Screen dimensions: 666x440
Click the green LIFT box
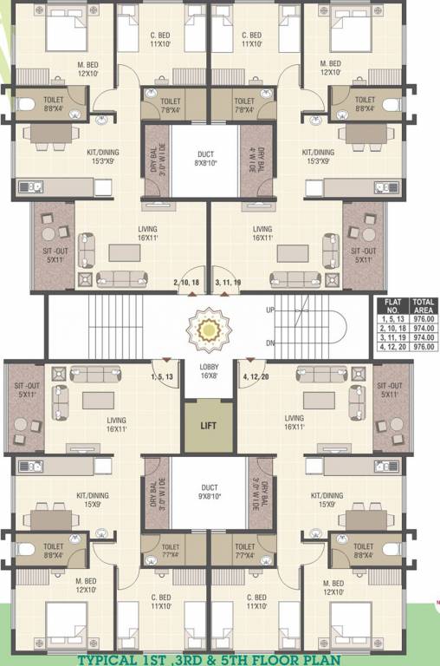point(208,426)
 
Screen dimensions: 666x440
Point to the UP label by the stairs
point(269,310)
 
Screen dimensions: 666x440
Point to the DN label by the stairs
point(269,343)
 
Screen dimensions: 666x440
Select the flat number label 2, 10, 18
point(187,283)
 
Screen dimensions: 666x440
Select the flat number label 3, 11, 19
point(228,283)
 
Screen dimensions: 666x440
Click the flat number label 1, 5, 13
point(163,377)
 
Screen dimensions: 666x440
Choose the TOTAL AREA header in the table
point(424,306)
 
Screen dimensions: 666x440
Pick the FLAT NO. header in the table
point(391,306)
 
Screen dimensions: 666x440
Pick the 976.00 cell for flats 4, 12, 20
point(424,346)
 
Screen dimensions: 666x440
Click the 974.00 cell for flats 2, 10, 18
point(424,329)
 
